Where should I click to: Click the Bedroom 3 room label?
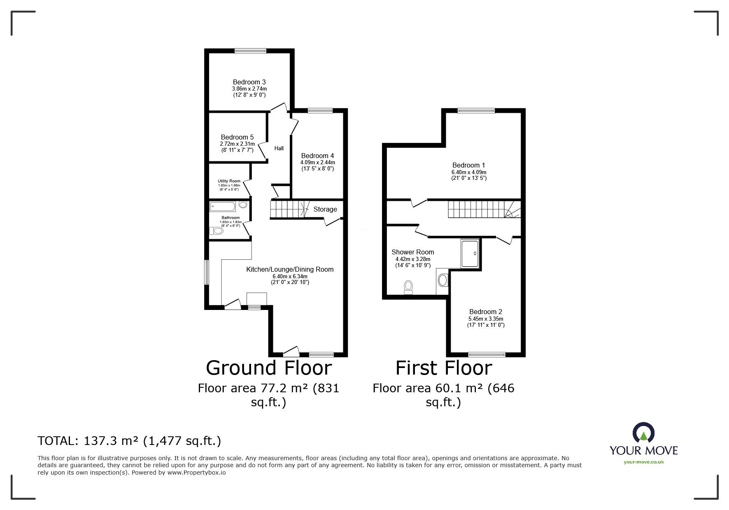pyautogui.click(x=249, y=82)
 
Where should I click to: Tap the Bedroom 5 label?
pyautogui.click(x=237, y=137)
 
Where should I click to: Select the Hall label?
pyautogui.click(x=279, y=148)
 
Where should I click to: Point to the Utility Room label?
pyautogui.click(x=229, y=181)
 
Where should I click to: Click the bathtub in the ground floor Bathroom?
pyautogui.click(x=224, y=206)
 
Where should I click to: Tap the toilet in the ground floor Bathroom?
pyautogui.click(x=217, y=232)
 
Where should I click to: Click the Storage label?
pyautogui.click(x=325, y=209)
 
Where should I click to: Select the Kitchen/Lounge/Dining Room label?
pyautogui.click(x=290, y=270)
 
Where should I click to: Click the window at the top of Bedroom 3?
pyautogui.click(x=250, y=51)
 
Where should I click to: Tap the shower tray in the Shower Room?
pyautogui.click(x=470, y=254)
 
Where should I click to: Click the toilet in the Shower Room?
pyautogui.click(x=408, y=287)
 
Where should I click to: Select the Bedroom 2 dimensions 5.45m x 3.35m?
pyautogui.click(x=486, y=319)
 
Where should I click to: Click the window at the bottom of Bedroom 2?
pyautogui.click(x=487, y=354)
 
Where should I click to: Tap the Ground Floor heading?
pyautogui.click(x=269, y=368)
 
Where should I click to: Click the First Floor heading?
pyautogui.click(x=444, y=368)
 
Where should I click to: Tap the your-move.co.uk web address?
pyautogui.click(x=643, y=462)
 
